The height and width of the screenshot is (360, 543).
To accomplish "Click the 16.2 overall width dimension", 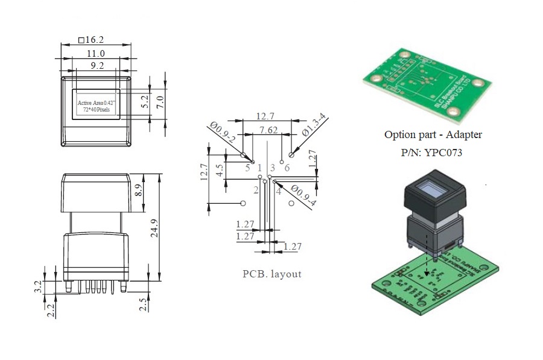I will point(92,40).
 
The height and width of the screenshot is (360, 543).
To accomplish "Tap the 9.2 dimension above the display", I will point(97,66).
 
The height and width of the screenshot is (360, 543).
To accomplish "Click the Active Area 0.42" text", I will point(97,103).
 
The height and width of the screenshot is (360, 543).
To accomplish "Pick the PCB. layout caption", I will point(271,274).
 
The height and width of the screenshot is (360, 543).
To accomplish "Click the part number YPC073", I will point(431,153).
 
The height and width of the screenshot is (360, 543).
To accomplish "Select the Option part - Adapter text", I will point(433,135).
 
